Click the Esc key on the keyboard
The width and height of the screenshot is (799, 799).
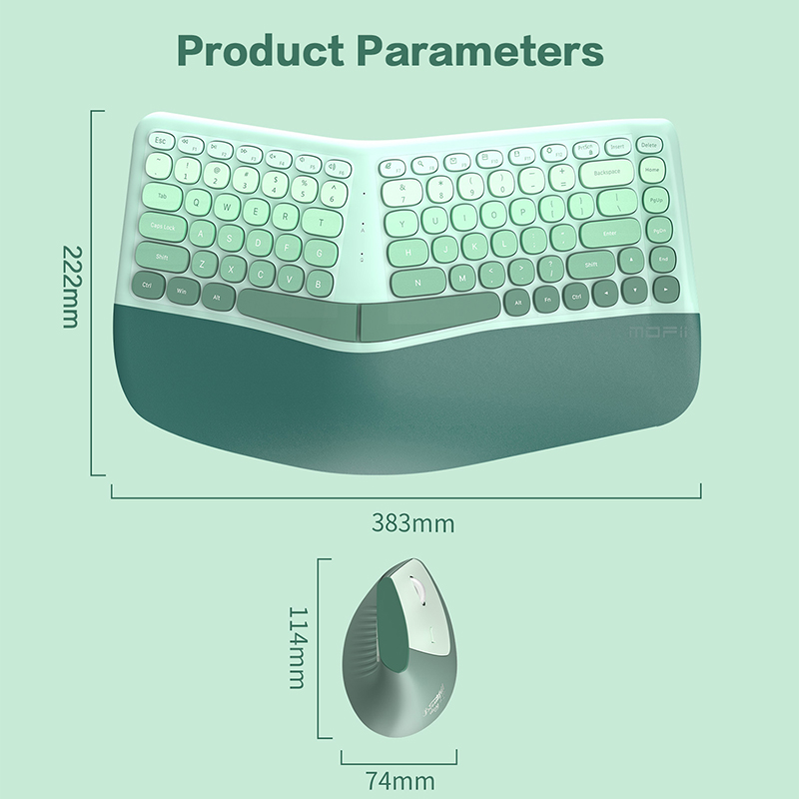(x=161, y=141)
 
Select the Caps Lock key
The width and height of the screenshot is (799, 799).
(x=162, y=228)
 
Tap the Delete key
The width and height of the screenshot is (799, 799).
(x=650, y=146)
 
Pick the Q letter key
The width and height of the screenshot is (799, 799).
(x=197, y=201)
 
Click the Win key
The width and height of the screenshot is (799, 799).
(x=182, y=291)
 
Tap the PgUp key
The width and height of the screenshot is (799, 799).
(x=656, y=201)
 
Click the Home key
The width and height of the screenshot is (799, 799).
(x=653, y=171)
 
